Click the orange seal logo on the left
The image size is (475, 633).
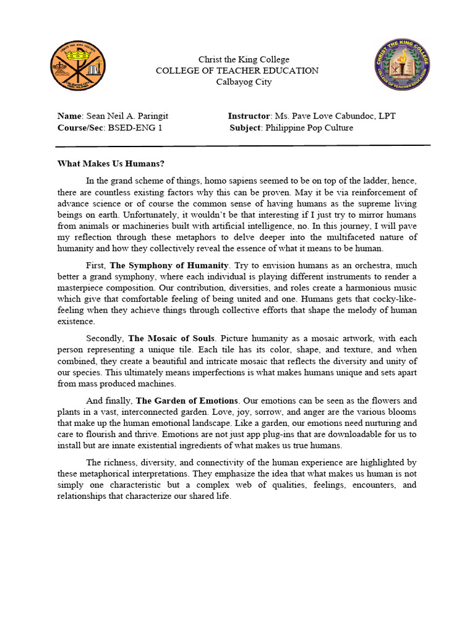(77, 66)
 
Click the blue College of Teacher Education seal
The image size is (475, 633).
(403, 65)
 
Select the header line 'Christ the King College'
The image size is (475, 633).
(244, 59)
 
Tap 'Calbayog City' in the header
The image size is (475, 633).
(244, 82)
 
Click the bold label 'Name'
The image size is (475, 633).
(69, 116)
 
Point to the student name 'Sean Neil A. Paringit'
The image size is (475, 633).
(127, 116)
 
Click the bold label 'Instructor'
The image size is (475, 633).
(249, 116)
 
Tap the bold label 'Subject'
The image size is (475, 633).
(246, 128)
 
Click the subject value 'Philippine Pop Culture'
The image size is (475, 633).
(309, 128)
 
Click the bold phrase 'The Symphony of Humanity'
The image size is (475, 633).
(169, 265)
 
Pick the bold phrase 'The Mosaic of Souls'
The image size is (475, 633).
(173, 338)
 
